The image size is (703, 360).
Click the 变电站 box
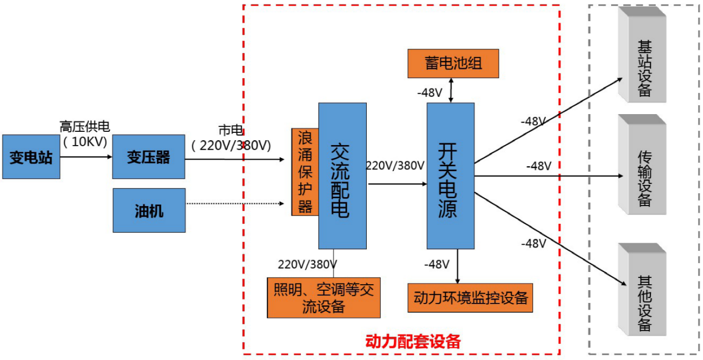pos(31,157)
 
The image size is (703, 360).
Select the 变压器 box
pos(148,157)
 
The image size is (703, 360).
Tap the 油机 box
pos(148,210)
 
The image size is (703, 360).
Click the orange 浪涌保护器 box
pos(305,172)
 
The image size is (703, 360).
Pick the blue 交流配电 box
pos(342,176)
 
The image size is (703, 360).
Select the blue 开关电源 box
pos(450,176)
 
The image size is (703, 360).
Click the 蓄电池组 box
pos(453,63)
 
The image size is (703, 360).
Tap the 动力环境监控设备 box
pos(470,298)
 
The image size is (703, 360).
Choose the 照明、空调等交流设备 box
pos(324,297)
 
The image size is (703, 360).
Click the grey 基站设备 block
pos(643,55)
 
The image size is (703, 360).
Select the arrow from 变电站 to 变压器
pos(86,157)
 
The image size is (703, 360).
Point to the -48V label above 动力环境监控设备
pos(437,265)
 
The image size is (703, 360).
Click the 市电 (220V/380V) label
pos(231,138)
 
